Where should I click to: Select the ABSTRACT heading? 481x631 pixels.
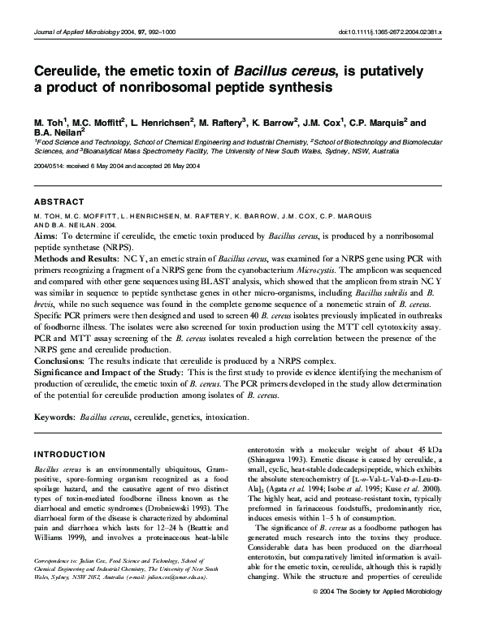click(x=58, y=201)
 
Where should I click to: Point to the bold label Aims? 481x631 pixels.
click(x=45, y=234)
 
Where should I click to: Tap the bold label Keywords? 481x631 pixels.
click(x=54, y=417)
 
